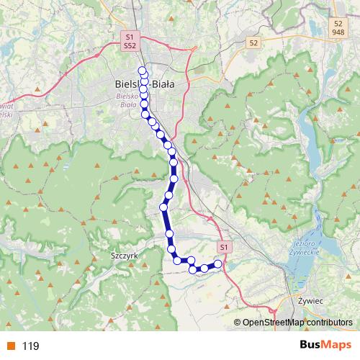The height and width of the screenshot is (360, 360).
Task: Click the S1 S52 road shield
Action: coord(129,40)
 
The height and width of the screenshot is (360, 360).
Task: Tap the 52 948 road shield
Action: coord(338,27)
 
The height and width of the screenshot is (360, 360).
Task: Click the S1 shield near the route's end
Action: coord(224,247)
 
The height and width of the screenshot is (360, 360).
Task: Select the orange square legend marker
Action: coord(11,346)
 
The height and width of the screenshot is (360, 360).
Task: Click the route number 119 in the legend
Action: coord(30,346)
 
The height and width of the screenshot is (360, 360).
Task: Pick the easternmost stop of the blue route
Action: coord(218,265)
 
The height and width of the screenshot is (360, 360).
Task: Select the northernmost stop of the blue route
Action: coord(142,70)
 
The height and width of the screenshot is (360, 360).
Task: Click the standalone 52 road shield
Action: coord(253,43)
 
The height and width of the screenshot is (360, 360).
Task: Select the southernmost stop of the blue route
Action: coord(193,270)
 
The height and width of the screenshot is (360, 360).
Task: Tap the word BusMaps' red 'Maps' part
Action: coord(336,346)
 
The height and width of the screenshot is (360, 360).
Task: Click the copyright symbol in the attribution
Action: coord(238,323)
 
